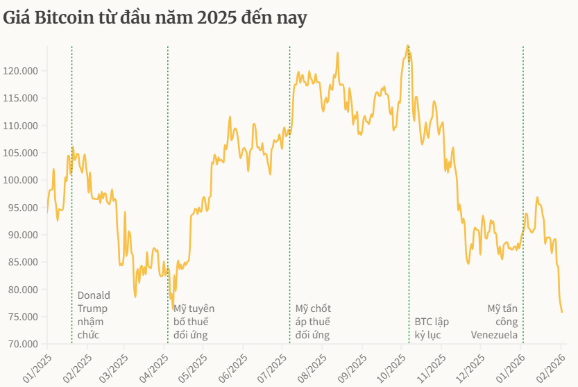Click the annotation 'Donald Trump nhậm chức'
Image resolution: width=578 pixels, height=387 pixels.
click(93, 315)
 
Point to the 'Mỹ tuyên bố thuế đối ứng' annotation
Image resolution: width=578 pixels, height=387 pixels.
click(194, 322)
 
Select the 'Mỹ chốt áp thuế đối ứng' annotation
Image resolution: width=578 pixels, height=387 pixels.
click(313, 322)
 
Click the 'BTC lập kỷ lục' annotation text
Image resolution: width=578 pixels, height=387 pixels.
click(432, 328)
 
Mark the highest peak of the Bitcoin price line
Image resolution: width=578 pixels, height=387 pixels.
click(407, 46)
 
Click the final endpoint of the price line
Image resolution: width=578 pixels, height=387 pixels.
click(561, 312)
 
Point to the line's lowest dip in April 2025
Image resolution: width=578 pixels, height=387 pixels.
click(173, 308)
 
